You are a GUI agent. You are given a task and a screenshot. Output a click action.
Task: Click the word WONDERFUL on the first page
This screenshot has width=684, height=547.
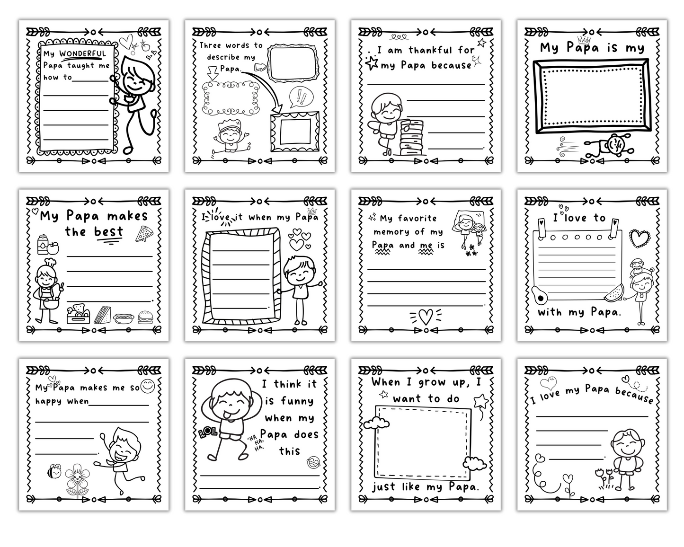click(83, 53)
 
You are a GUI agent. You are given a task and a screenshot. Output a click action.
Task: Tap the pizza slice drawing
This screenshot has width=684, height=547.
click(144, 234)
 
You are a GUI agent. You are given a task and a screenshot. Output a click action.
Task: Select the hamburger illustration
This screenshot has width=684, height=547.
click(145, 317)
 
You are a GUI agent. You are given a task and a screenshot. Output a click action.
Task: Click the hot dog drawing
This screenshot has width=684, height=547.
click(124, 318)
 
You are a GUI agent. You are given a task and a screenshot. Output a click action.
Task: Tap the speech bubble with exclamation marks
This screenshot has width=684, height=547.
click(301, 97)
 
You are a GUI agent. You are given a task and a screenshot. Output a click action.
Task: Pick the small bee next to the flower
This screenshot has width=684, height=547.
click(54, 471)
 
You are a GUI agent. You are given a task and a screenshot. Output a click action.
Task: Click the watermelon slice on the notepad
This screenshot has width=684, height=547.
click(614, 293)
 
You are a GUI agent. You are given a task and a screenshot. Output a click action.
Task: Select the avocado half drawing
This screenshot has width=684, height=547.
click(539, 295)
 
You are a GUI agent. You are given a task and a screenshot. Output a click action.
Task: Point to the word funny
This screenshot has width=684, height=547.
click(297, 401)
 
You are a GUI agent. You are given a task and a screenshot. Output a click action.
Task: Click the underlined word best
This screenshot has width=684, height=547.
click(108, 231)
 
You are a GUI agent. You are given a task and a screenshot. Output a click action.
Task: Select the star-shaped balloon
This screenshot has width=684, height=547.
click(481, 401)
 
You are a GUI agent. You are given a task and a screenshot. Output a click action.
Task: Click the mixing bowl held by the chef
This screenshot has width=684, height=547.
click(51, 303)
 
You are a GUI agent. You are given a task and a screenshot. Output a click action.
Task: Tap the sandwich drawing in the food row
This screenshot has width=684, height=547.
click(102, 315)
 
